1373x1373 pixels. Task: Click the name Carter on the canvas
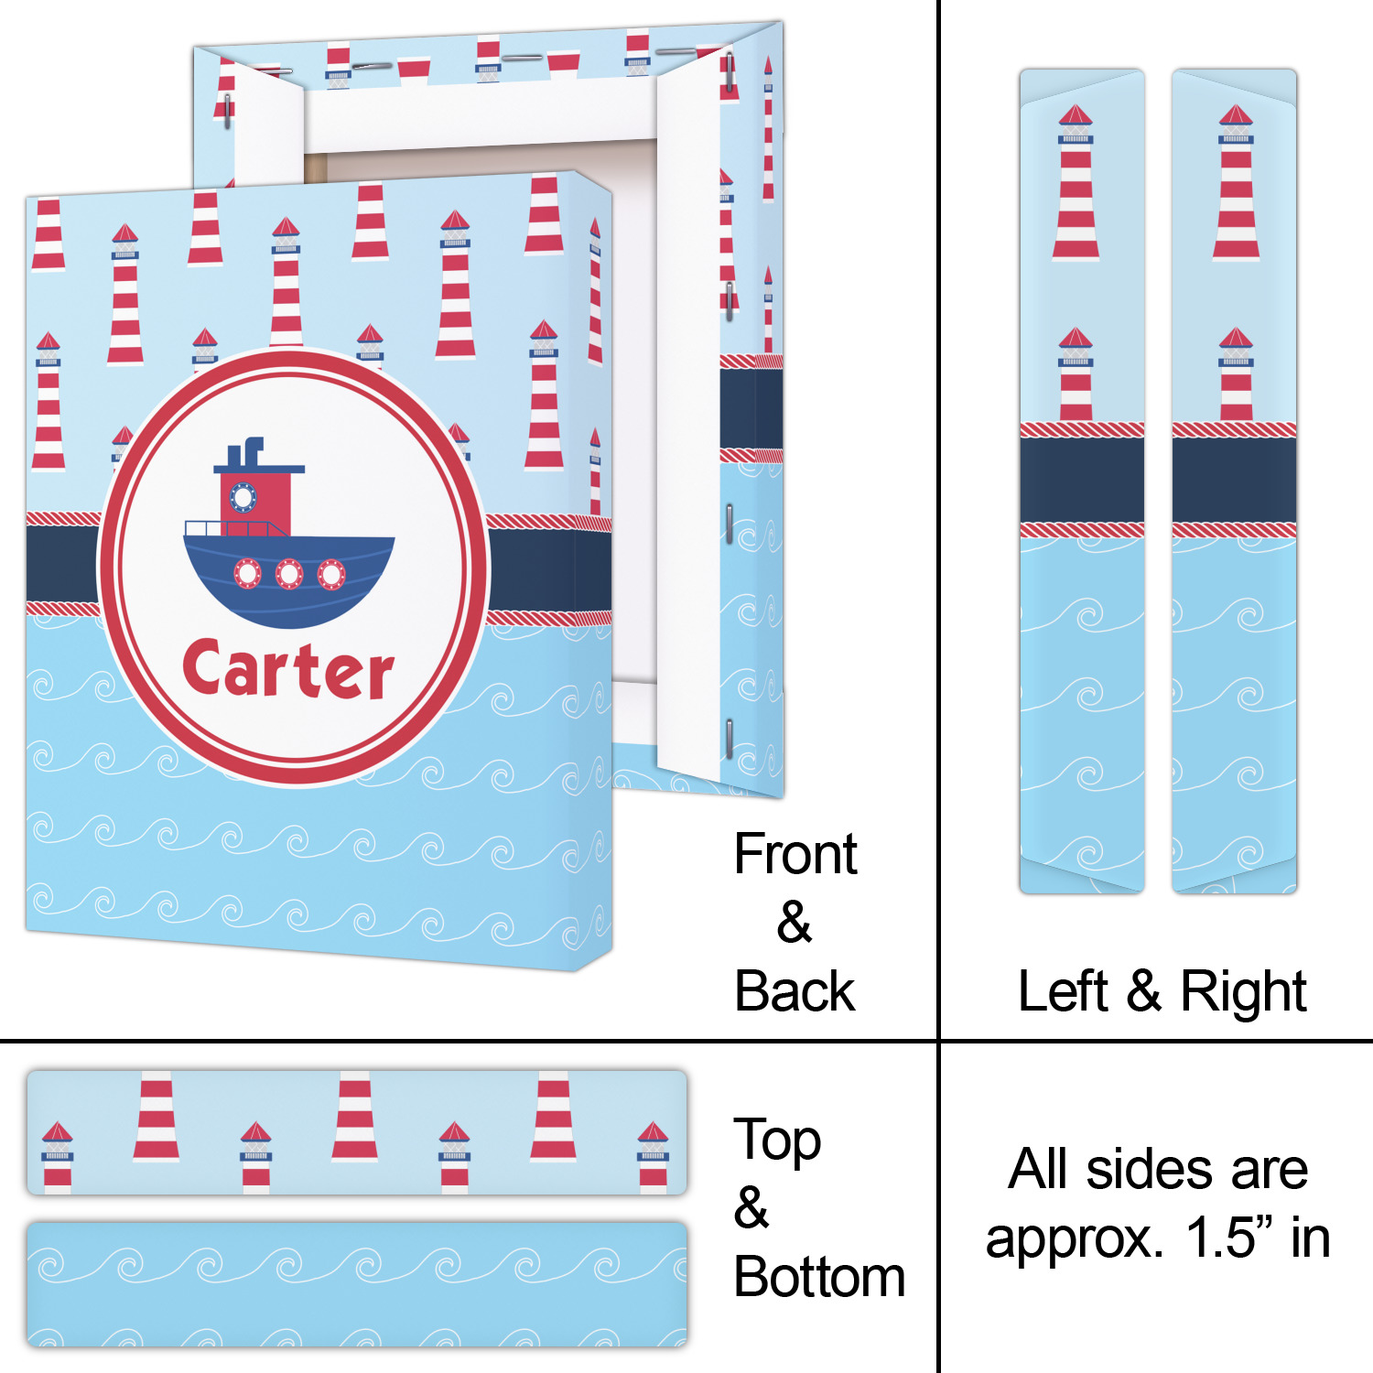[x=287, y=671]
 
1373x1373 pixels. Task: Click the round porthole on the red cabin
[x=243, y=497]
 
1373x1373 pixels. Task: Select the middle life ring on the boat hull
[x=289, y=574]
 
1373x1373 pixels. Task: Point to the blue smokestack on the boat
[x=254, y=450]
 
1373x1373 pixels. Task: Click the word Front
[x=795, y=855]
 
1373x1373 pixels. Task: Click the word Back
[x=795, y=991]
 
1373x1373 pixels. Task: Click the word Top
[x=777, y=1141]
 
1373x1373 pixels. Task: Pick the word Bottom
[x=819, y=1277]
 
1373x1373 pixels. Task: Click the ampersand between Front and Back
[x=794, y=923]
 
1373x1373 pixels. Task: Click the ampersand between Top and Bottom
[x=751, y=1208]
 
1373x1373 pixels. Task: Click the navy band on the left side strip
[x=1082, y=481]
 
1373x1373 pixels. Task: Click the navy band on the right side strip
[x=1234, y=481]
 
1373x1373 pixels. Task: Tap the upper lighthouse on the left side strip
[x=1076, y=183]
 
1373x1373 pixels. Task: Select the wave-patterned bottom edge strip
[x=357, y=1283]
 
